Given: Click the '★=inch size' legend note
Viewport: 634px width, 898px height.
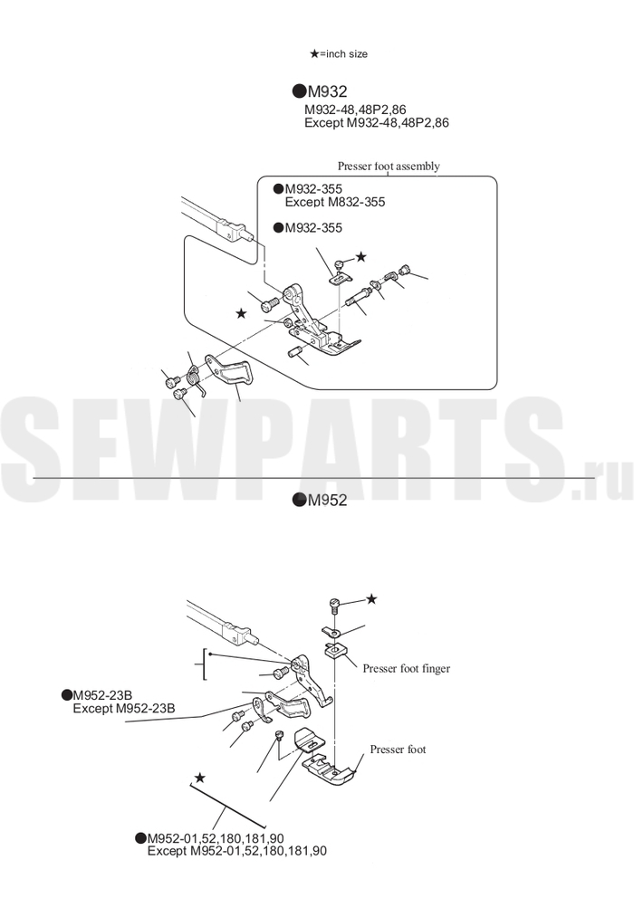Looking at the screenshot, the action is pyautogui.click(x=339, y=53).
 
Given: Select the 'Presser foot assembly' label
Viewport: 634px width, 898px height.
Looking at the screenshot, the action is pyautogui.click(x=389, y=166).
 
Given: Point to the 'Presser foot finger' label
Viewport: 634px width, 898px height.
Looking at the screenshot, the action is pyautogui.click(x=407, y=668).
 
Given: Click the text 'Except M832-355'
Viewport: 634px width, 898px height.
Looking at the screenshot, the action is pyautogui.click(x=335, y=202).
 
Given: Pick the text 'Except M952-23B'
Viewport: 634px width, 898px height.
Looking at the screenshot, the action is pyautogui.click(x=124, y=709).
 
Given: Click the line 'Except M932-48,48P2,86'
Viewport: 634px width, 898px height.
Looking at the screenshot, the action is pyautogui.click(x=377, y=122).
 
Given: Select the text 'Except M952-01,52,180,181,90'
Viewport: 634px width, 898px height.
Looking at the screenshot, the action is pyautogui.click(x=237, y=851).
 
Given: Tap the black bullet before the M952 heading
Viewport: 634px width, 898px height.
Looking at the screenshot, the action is pyautogui.click(x=299, y=500).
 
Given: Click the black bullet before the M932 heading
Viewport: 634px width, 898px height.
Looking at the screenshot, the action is pyautogui.click(x=299, y=91).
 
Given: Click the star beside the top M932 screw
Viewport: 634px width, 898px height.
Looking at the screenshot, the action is pyautogui.click(x=360, y=256).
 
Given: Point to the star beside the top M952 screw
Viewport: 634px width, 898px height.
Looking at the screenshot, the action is pyautogui.click(x=371, y=598).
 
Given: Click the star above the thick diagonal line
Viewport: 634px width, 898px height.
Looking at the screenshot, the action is pyautogui.click(x=199, y=778).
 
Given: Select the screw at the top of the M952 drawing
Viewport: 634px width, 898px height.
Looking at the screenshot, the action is pyautogui.click(x=335, y=606).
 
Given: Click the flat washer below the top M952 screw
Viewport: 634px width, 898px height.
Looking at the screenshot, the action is pyautogui.click(x=331, y=632).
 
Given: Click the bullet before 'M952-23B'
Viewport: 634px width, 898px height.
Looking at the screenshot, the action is pyautogui.click(x=66, y=695).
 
